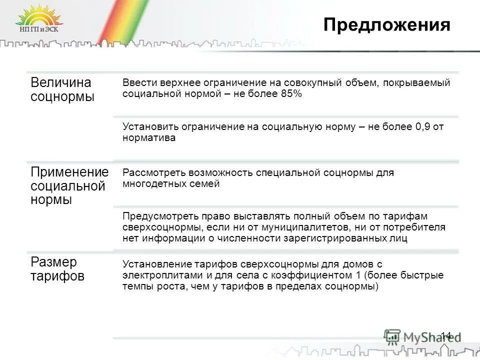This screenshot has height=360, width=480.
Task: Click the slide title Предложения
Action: tap(386, 25)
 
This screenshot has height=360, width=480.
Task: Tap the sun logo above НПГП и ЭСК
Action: tap(38, 16)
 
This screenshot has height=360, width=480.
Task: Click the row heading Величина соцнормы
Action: tap(61, 89)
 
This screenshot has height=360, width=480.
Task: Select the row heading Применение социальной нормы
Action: tap(69, 186)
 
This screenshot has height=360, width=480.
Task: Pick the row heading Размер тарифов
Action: tap(57, 269)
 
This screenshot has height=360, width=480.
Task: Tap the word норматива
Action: tap(149, 138)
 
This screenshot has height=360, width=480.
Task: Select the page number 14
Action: tap(445, 335)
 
